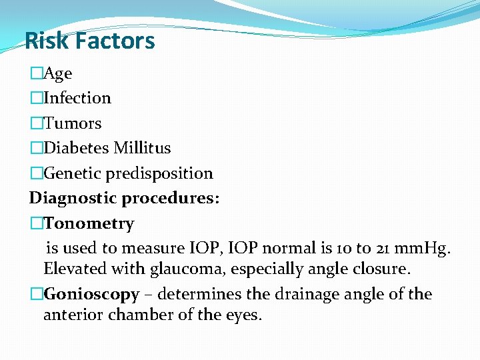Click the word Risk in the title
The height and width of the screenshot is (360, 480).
pyautogui.click(x=47, y=41)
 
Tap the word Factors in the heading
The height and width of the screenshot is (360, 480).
pyautogui.click(x=115, y=41)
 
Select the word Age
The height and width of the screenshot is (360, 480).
pyautogui.click(x=58, y=73)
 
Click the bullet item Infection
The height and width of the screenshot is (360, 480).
pyautogui.click(x=77, y=98)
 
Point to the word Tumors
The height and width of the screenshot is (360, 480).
pyautogui.click(x=73, y=123)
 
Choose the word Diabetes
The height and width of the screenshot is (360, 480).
pyautogui.click(x=76, y=148)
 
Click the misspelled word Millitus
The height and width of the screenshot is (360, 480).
pyautogui.click(x=142, y=148)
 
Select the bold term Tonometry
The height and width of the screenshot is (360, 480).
pyautogui.click(x=89, y=224)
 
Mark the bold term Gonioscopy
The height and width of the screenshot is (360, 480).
pyautogui.click(x=91, y=294)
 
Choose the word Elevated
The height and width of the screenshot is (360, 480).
pyautogui.click(x=74, y=269)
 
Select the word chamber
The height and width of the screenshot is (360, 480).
pyautogui.click(x=143, y=315)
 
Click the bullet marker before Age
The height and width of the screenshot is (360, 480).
pyautogui.click(x=36, y=73)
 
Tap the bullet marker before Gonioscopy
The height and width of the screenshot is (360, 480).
pyautogui.click(x=36, y=294)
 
